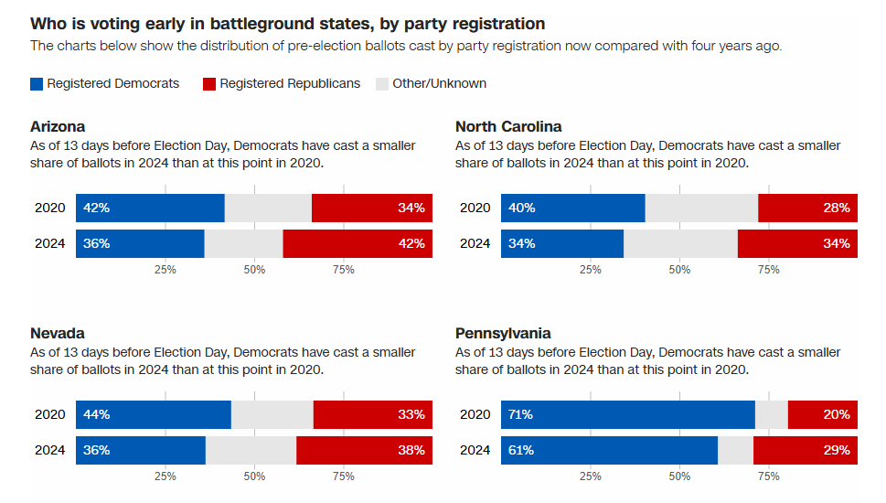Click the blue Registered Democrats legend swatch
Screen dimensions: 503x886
[x=37, y=84]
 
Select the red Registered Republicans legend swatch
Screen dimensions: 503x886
[x=208, y=84]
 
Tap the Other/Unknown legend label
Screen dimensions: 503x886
[x=439, y=84]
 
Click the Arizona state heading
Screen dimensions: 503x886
[x=58, y=127]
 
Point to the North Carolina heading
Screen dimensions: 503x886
[x=508, y=127]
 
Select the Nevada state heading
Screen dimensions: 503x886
[x=58, y=334]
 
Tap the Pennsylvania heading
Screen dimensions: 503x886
[x=503, y=334]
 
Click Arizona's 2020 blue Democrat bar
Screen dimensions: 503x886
[x=150, y=208]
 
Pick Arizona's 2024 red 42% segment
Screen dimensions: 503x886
[x=358, y=243]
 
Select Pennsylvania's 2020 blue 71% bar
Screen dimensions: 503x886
[x=627, y=414]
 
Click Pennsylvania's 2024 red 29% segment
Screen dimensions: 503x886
[x=806, y=450]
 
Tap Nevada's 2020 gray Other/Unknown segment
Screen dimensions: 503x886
[x=272, y=414]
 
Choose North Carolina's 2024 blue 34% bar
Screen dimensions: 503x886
[x=562, y=243]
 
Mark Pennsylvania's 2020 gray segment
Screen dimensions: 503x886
[x=771, y=414]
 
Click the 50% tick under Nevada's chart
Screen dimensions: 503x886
[x=254, y=476]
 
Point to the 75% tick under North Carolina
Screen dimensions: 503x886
[x=769, y=270]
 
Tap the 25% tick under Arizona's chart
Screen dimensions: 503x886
[x=165, y=270]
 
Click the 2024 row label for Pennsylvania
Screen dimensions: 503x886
[x=475, y=450]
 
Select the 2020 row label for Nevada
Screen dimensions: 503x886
[x=50, y=414]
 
